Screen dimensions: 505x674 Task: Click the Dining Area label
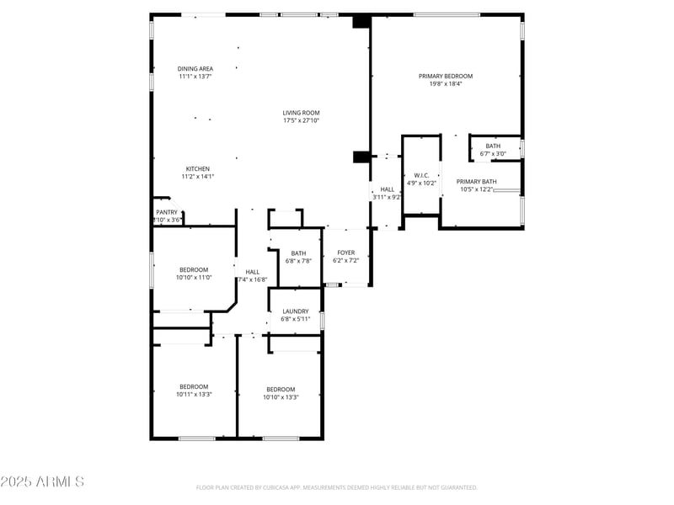tap(195, 68)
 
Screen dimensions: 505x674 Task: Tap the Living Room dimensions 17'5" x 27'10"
tap(301, 120)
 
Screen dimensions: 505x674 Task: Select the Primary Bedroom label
tap(446, 76)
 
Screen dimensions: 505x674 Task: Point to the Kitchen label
tap(198, 168)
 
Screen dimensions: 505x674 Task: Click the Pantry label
tap(166, 212)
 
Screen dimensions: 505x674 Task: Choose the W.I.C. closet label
tap(422, 175)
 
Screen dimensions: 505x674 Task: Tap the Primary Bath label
tap(477, 182)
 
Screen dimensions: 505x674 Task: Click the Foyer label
tap(346, 252)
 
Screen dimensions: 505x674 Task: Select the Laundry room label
tap(296, 311)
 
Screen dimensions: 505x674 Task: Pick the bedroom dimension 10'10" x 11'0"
tap(193, 277)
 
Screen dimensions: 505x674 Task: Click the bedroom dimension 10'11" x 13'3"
tap(193, 394)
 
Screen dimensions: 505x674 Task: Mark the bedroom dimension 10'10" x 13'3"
tap(281, 396)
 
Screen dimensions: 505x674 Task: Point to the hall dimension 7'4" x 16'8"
tap(253, 279)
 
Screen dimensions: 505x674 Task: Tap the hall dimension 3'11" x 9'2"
tap(388, 197)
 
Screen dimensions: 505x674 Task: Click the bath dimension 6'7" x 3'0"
tap(493, 153)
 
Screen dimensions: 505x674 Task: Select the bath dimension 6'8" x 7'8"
tap(298, 261)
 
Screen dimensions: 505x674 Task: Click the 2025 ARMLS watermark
tap(42, 481)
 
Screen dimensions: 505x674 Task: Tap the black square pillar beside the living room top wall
tap(361, 23)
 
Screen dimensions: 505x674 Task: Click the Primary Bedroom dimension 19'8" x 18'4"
tap(446, 83)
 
